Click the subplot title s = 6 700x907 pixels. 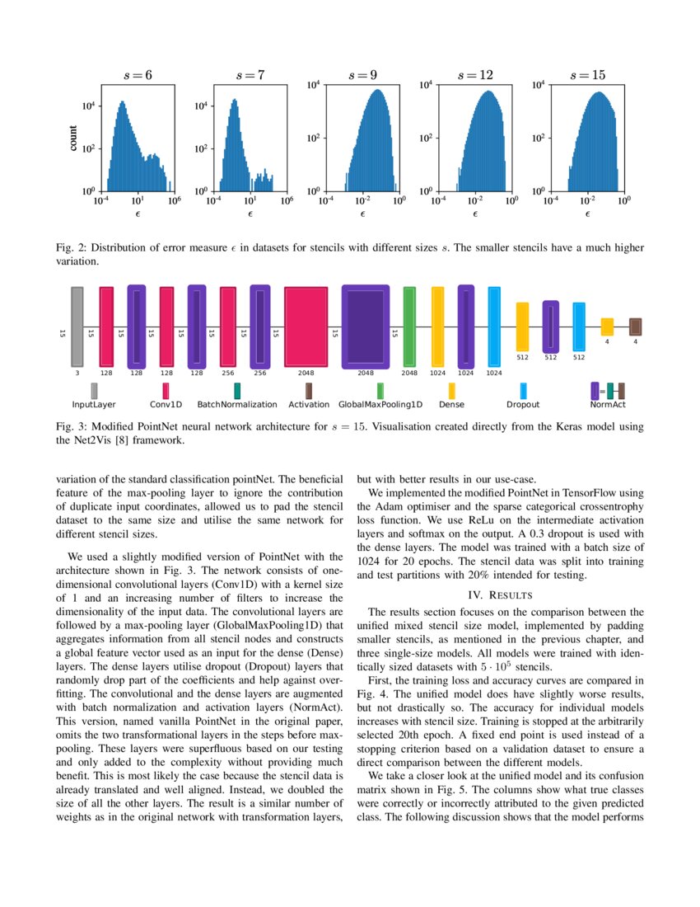tap(138, 75)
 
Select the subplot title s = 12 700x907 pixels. tap(475, 75)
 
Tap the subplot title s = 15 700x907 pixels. tap(588, 75)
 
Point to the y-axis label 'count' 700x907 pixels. tap(73, 137)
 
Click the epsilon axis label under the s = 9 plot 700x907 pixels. tap(362, 214)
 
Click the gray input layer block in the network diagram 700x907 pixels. tap(77, 327)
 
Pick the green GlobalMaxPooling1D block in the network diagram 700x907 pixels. tap(409, 327)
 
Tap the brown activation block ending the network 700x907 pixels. tap(635, 327)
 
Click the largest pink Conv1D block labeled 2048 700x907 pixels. tap(306, 327)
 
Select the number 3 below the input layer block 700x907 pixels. tap(77, 373)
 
